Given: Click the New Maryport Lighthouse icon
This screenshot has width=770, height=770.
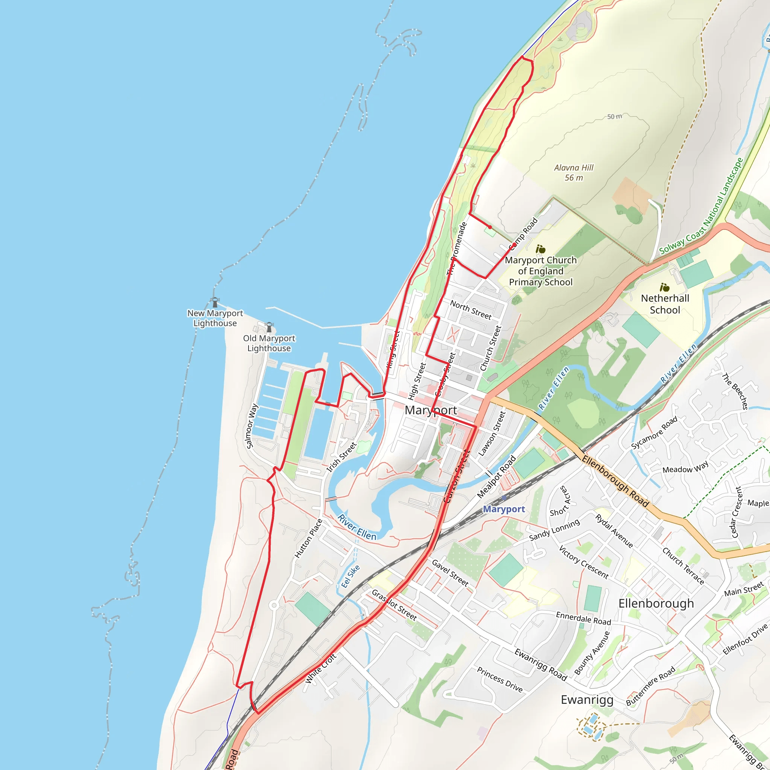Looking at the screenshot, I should tap(215, 302).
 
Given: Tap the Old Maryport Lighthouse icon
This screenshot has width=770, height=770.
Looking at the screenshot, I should tap(269, 327).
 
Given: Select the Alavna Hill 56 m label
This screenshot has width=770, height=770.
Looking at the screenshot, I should tap(573, 173).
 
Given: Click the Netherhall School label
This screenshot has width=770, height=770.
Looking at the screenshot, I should tap(665, 304).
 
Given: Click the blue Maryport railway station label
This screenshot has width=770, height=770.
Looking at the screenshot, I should tap(504, 509).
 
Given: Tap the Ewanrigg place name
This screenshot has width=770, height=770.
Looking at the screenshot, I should tap(587, 699).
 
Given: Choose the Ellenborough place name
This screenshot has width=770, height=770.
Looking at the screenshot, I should tap(656, 603).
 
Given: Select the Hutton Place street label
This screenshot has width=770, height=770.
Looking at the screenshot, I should tap(308, 538).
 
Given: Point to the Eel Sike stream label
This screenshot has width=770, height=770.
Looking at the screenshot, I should tap(350, 576).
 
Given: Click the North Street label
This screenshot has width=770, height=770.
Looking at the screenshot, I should tap(471, 310).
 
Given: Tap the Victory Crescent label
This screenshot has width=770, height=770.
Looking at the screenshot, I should tap(584, 562).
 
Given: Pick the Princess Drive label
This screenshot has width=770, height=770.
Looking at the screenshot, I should tap(499, 679).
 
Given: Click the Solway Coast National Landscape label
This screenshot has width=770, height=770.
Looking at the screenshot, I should tap(701, 206).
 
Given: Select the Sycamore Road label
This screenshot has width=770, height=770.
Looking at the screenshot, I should tap(654, 433).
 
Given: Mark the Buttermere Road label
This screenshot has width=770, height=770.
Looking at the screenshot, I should tap(650, 685).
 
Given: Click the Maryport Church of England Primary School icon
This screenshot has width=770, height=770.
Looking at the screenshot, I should tap(540, 250).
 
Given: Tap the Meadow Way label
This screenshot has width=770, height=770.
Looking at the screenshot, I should tap(685, 467).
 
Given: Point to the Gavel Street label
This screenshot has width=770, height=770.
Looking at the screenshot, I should tap(450, 573).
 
